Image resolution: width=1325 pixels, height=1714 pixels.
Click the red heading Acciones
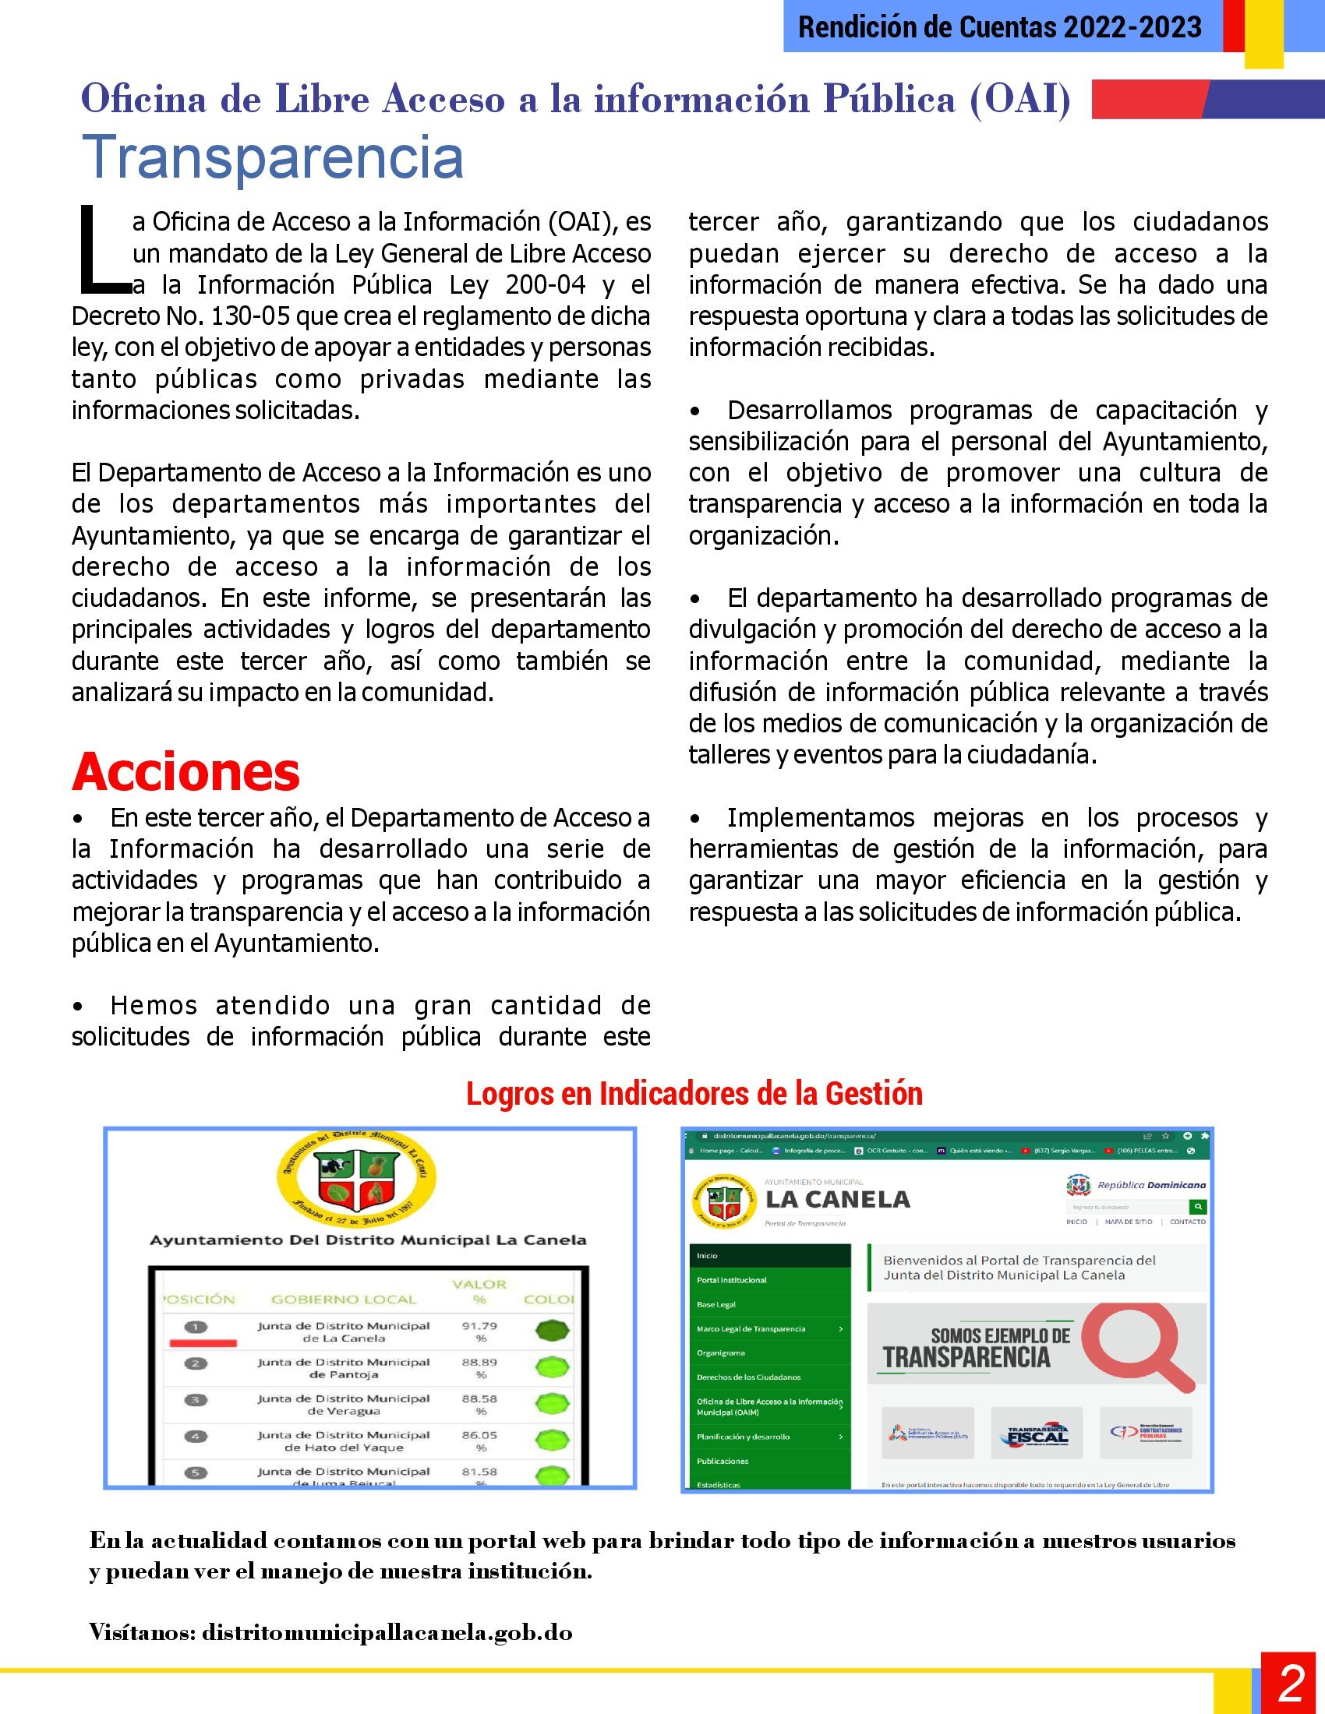[x=186, y=772]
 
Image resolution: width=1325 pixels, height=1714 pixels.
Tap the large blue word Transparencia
[x=272, y=157]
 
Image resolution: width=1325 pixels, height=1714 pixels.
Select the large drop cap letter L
[x=100, y=246]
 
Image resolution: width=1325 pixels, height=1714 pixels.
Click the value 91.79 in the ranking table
[x=479, y=1325]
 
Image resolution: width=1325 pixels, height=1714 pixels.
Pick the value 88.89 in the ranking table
[x=479, y=1363]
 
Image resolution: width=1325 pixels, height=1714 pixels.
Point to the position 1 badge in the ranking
[x=196, y=1326]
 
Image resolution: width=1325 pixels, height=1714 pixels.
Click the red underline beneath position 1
[x=203, y=1343]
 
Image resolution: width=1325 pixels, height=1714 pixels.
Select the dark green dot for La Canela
[x=552, y=1330]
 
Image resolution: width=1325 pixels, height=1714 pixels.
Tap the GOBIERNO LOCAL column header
[x=344, y=1299]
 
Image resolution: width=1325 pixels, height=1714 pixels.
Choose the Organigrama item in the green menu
[x=721, y=1353]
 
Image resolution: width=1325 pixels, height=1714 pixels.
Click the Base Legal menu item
[x=715, y=1304]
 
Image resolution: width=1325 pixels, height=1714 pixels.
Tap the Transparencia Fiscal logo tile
[x=1036, y=1433]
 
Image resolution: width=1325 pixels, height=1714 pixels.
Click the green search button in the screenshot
[x=1198, y=1206]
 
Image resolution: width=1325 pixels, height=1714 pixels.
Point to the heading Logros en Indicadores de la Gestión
[x=694, y=1093]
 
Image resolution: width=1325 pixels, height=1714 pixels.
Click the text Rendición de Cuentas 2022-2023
[x=999, y=26]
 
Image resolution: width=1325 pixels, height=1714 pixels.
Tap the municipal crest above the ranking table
[x=356, y=1177]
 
